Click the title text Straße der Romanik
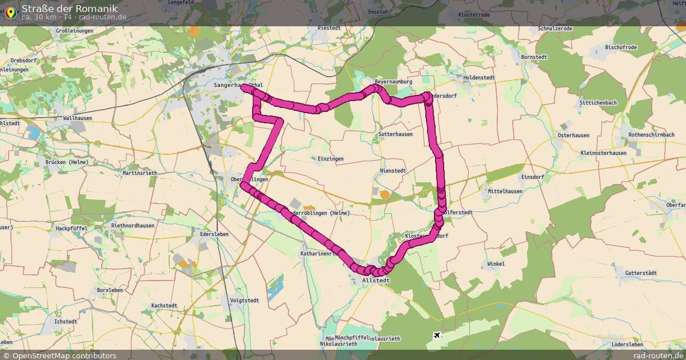pos(69,8)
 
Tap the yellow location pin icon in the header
pos(10,12)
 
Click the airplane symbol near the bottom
pos(437,335)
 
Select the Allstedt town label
pos(376,281)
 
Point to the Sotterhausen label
pos(396,134)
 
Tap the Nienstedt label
pos(393,170)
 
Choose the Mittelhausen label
pos(505,191)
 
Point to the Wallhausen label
pos(78,118)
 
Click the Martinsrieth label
pos(140,173)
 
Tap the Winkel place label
pos(496,264)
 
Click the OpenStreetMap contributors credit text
pos(64,355)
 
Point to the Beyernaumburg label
pos(393,82)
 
